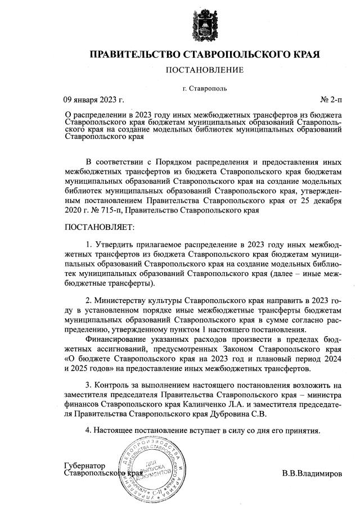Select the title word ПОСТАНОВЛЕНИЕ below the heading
pos(204,70)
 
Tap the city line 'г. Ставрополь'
pos(205,89)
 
